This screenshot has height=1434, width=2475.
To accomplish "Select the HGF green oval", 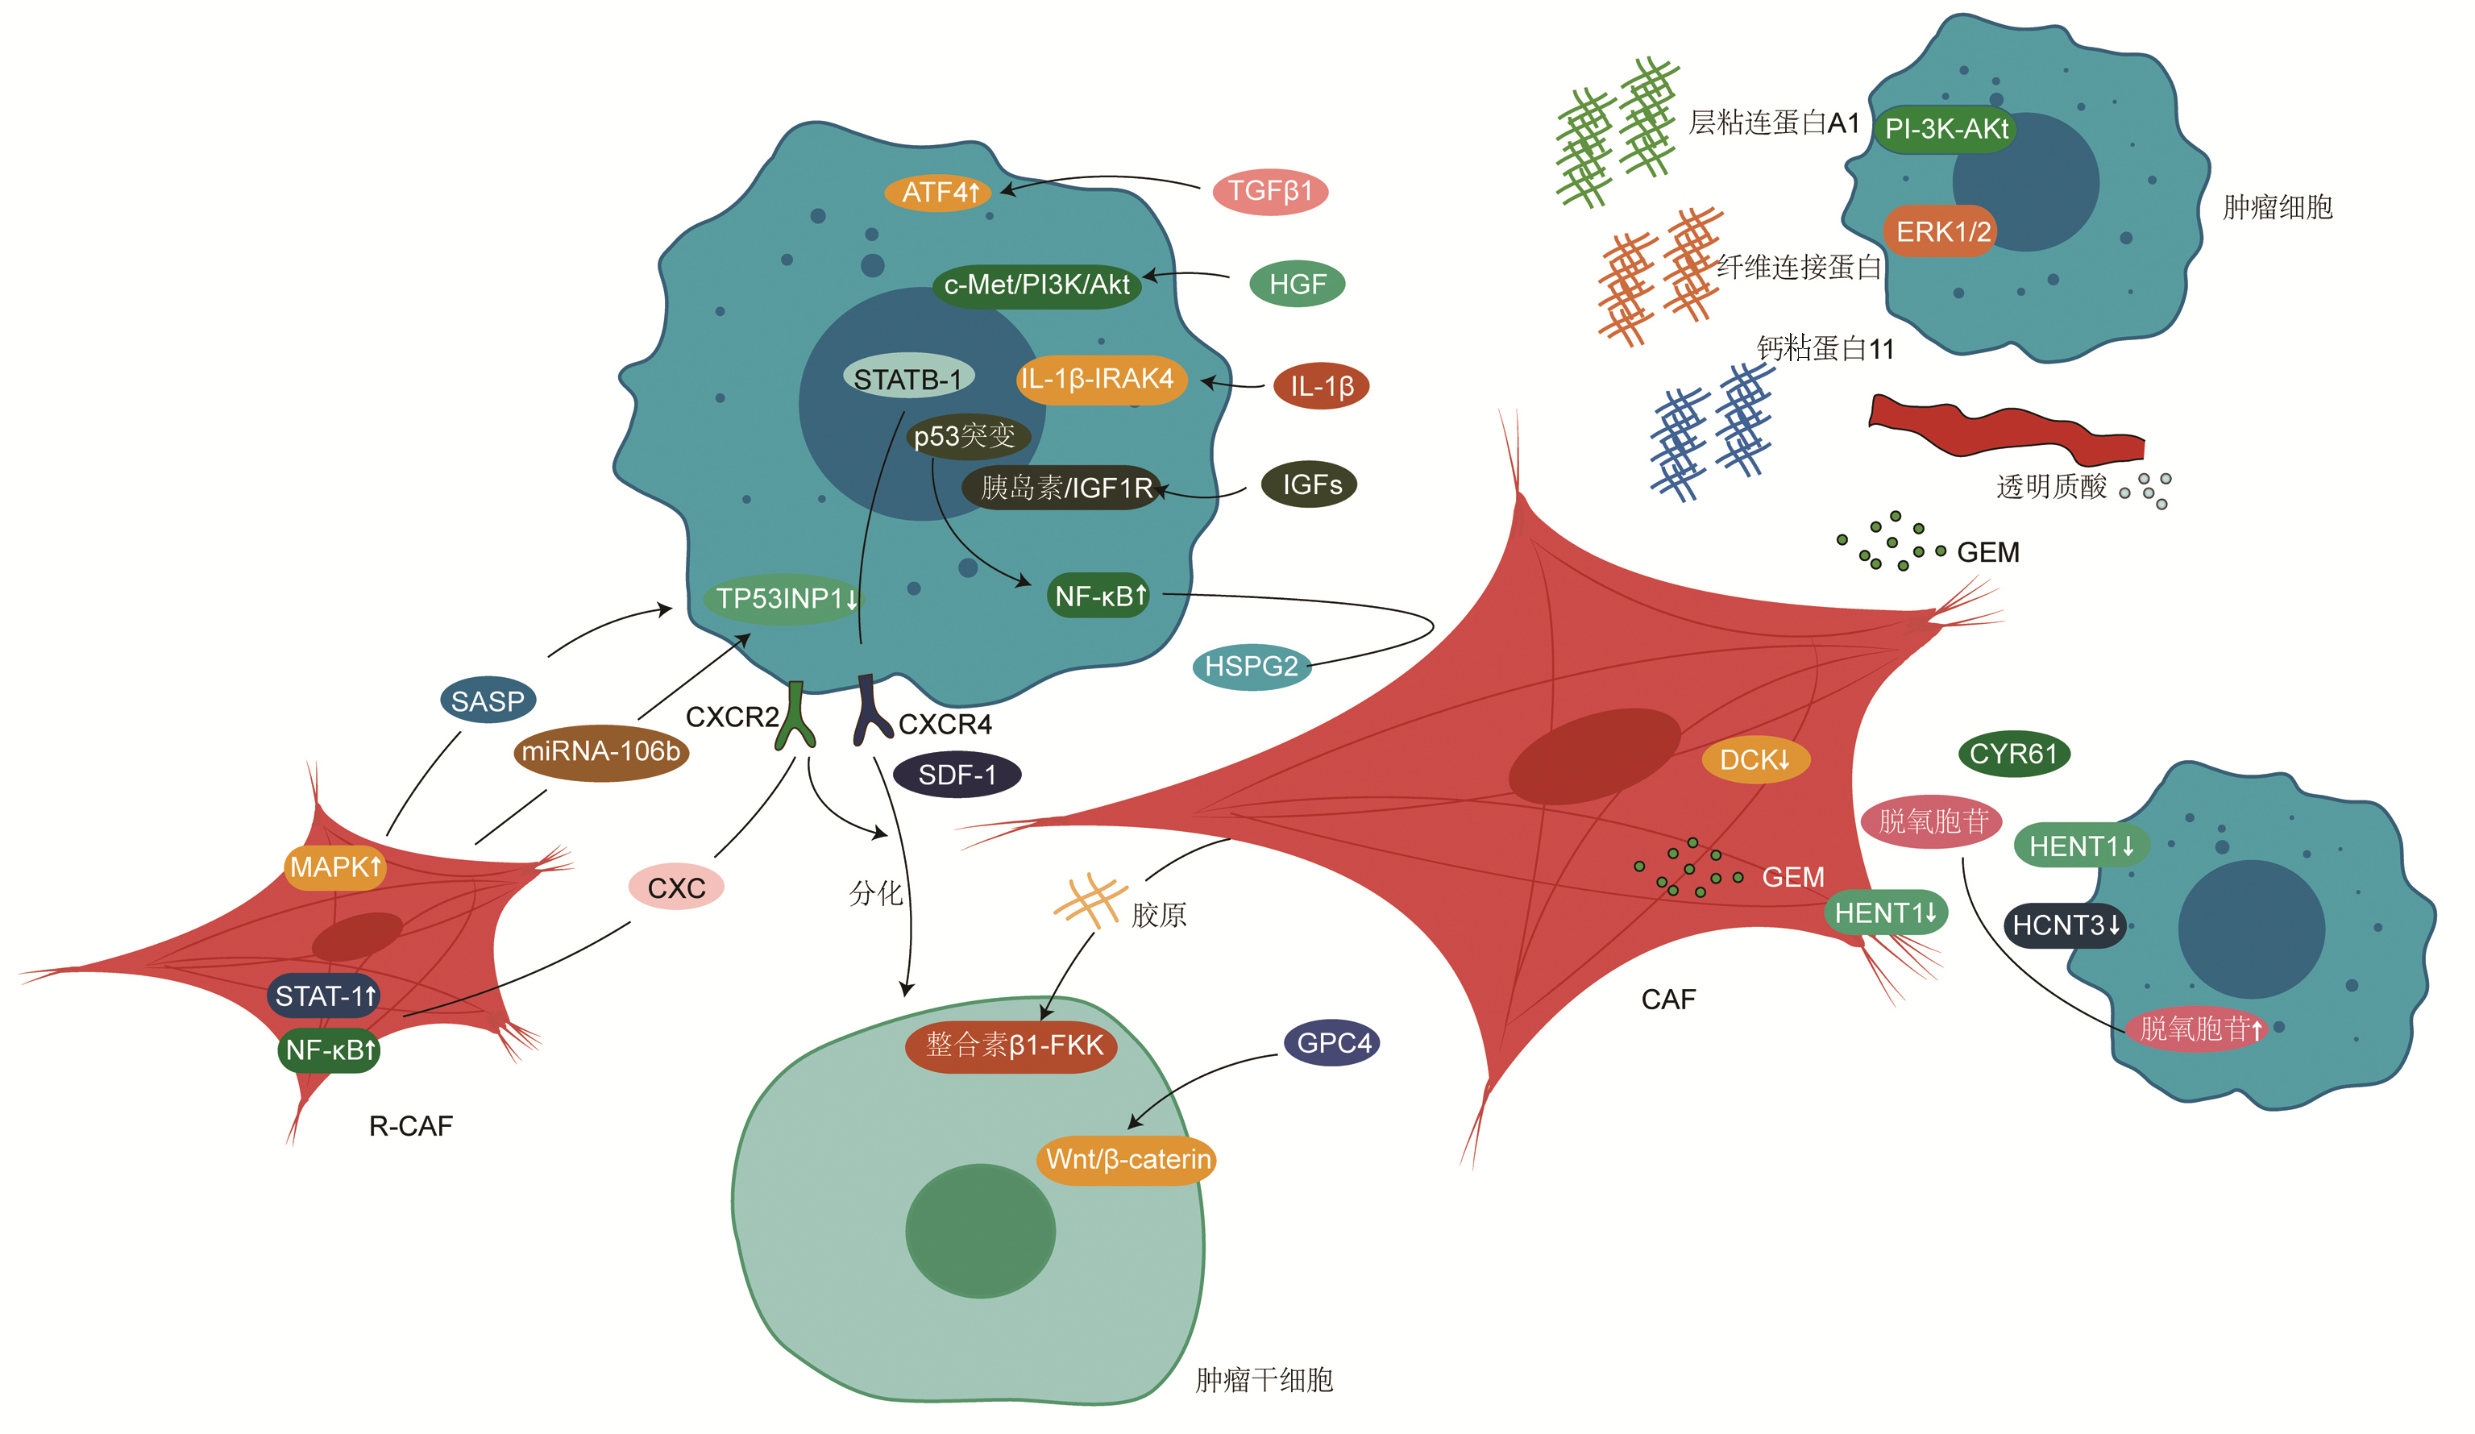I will click(1297, 285).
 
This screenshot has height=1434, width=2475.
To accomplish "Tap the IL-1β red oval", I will click(1321, 386).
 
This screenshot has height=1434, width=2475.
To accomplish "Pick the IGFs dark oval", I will click(1309, 484).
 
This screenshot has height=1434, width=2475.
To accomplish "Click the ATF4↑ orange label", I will click(938, 193).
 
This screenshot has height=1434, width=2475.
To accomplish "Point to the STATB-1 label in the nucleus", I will click(907, 378).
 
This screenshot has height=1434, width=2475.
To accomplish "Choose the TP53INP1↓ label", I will click(783, 598).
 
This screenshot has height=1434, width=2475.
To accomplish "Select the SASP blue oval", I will click(487, 701).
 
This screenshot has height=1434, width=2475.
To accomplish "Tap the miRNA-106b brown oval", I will click(600, 752).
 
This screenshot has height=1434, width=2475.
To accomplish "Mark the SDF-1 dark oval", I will click(957, 775).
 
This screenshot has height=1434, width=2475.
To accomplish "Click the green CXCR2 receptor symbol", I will click(795, 718).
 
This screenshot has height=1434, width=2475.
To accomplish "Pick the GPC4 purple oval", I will click(1331, 1043).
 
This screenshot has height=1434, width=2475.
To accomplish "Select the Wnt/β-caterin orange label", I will click(1127, 1160).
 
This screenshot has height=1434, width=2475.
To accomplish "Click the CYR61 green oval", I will click(2012, 754).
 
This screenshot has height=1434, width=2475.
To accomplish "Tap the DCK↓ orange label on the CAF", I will click(1755, 759).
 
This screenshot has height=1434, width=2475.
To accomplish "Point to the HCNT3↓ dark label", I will click(2065, 925).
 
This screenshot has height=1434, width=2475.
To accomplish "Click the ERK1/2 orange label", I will click(1941, 232).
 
